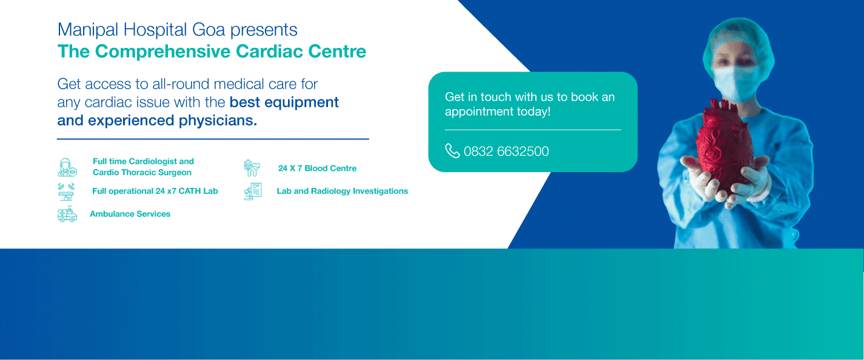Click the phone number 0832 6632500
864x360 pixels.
point(506,151)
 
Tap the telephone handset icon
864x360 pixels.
point(452,151)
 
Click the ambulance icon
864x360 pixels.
point(67,214)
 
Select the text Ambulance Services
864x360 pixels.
point(130,214)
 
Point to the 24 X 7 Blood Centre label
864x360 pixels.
point(317,168)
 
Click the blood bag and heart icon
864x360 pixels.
point(252,168)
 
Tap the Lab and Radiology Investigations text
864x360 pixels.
point(342,191)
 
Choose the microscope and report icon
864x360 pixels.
point(253,191)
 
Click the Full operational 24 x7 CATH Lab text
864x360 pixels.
point(155,191)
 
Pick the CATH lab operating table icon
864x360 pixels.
point(66,192)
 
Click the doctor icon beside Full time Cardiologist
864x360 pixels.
point(67,167)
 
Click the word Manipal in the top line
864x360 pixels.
point(87,30)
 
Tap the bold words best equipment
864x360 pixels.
point(284,102)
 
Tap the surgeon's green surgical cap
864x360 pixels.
point(738,42)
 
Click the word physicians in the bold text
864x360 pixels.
point(218,121)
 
